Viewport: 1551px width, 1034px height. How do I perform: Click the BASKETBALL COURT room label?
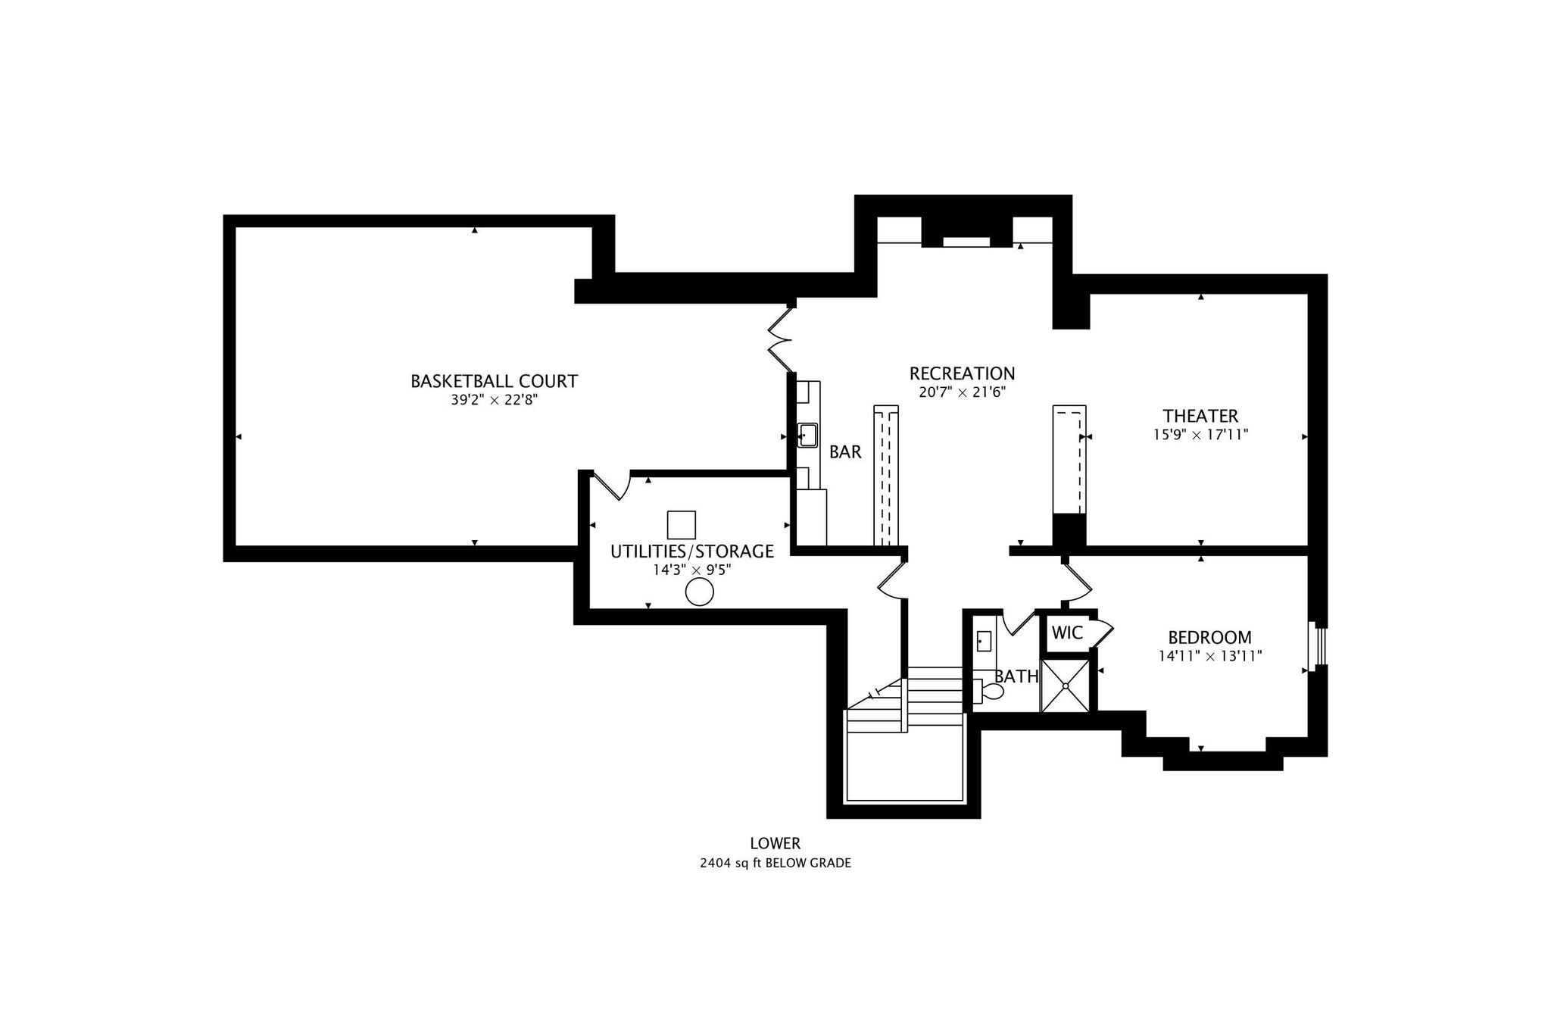494,381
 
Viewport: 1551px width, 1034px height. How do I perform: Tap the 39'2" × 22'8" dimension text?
494,400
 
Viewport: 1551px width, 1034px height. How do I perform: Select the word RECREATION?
962,373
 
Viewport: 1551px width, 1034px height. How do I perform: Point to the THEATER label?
1200,416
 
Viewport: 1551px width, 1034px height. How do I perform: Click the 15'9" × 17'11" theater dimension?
1200,435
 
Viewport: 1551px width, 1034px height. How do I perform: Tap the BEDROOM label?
1209,638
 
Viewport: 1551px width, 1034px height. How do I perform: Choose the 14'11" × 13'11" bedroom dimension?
1209,656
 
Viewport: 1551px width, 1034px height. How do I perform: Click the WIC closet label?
1066,633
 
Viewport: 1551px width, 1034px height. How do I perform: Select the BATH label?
1016,676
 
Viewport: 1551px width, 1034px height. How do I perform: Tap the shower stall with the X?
1066,686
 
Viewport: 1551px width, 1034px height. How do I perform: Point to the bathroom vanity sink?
983,642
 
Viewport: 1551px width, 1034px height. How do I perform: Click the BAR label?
845,452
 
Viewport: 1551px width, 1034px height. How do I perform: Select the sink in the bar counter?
807,436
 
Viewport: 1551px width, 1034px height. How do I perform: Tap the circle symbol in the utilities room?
699,592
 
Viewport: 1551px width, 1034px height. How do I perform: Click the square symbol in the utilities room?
681,525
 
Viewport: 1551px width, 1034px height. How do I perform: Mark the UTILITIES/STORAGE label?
691,551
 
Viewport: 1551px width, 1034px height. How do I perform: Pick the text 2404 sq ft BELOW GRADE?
775,863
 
